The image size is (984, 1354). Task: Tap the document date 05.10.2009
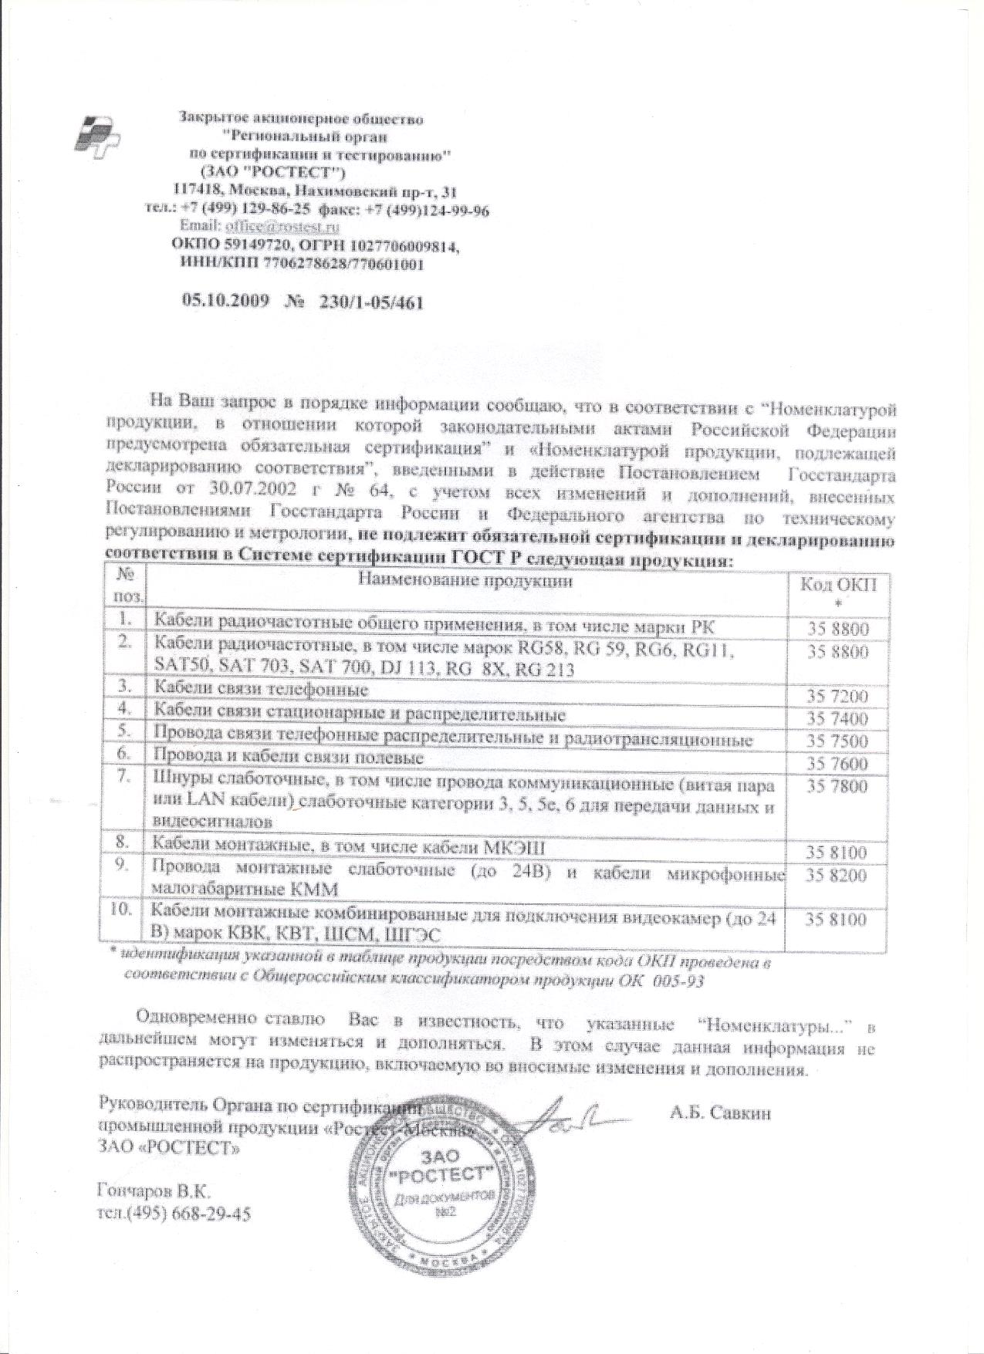(225, 302)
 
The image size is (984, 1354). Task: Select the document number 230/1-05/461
(367, 302)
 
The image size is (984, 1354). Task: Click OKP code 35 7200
(838, 697)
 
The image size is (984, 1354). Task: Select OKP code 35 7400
(838, 719)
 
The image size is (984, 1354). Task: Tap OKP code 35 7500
(838, 741)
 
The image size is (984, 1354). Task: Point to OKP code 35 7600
(838, 764)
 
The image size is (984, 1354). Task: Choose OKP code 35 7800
(838, 786)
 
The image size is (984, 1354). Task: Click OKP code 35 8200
(838, 876)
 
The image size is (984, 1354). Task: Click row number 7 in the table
(123, 777)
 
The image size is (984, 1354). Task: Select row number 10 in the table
(122, 909)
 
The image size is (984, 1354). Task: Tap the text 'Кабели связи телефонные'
(261, 688)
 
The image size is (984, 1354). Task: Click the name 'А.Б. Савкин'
(721, 1113)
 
